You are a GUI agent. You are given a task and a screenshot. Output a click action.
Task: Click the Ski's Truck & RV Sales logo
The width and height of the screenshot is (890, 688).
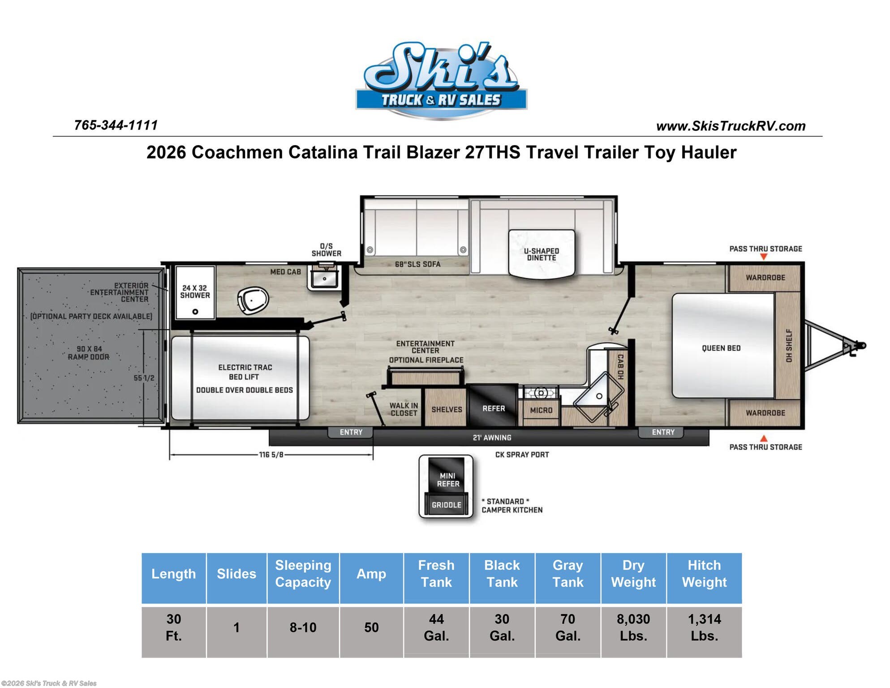[441, 81]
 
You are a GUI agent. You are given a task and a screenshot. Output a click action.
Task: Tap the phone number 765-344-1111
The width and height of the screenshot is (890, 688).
[116, 125]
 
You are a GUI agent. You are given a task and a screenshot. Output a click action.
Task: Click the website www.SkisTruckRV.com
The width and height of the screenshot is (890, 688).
[731, 126]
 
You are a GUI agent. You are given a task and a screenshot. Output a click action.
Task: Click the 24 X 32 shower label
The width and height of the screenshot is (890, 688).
[195, 292]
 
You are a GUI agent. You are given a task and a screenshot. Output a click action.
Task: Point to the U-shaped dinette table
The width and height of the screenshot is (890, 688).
[542, 254]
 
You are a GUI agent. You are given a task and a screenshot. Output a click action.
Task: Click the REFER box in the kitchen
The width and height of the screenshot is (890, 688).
[493, 408]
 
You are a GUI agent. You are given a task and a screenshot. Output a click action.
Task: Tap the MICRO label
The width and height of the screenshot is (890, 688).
[541, 410]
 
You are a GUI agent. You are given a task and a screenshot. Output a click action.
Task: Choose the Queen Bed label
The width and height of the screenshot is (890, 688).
[721, 348]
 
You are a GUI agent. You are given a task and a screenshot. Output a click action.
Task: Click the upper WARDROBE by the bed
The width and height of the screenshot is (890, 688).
[765, 278]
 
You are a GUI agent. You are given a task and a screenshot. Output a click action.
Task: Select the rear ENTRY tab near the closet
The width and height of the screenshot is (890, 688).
[351, 432]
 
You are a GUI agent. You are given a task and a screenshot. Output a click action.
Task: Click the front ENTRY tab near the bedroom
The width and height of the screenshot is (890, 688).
[663, 432]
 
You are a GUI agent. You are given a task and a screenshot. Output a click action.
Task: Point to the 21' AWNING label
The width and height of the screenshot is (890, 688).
[492, 438]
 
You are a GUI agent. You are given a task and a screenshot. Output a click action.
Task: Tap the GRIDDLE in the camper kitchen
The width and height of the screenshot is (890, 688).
[446, 505]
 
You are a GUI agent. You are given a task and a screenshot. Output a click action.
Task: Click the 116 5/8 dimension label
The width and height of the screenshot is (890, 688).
[271, 455]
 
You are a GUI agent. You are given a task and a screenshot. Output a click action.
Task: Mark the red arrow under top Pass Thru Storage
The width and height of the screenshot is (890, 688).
[764, 257]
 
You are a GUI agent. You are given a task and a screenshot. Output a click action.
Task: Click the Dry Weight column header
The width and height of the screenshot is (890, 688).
[633, 574]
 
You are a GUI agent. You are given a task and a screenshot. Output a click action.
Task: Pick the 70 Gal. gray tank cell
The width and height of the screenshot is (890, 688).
[568, 627]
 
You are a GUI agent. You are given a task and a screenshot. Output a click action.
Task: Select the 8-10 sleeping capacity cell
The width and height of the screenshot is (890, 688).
[303, 627]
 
